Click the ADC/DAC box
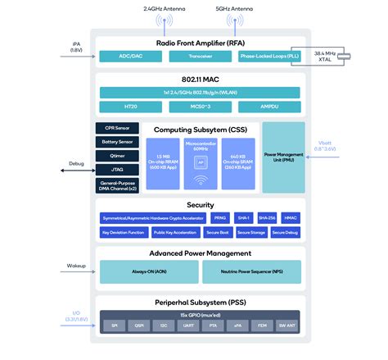[130, 57]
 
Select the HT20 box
[130, 107]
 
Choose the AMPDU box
[271, 107]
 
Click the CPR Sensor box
[116, 129]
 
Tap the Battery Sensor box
[116, 142]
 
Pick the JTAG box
[116, 169]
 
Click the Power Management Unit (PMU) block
[283, 157]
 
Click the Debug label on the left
[77, 164]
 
